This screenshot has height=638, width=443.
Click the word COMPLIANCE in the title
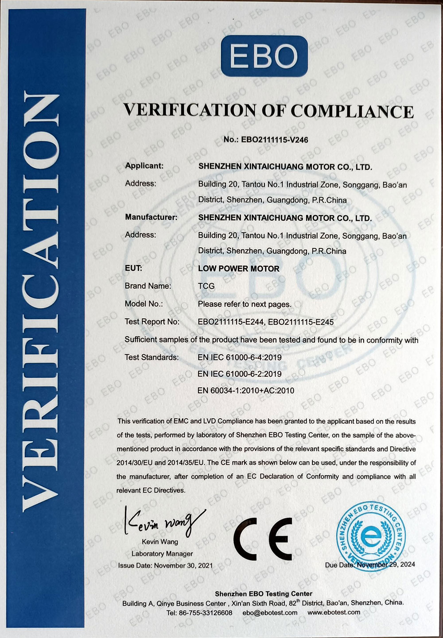point(352,111)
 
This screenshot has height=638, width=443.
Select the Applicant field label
point(144,166)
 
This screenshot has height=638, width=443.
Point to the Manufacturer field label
point(151,217)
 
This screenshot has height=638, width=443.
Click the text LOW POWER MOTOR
point(239,269)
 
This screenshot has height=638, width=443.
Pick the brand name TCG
point(206,286)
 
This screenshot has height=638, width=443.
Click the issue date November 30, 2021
point(183,566)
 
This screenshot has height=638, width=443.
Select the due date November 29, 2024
point(386,565)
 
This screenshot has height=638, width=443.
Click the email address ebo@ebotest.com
point(270,613)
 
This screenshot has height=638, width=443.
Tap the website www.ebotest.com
point(334,613)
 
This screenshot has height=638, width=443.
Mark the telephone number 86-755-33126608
point(206,613)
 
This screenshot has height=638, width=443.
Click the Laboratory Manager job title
point(162,554)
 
